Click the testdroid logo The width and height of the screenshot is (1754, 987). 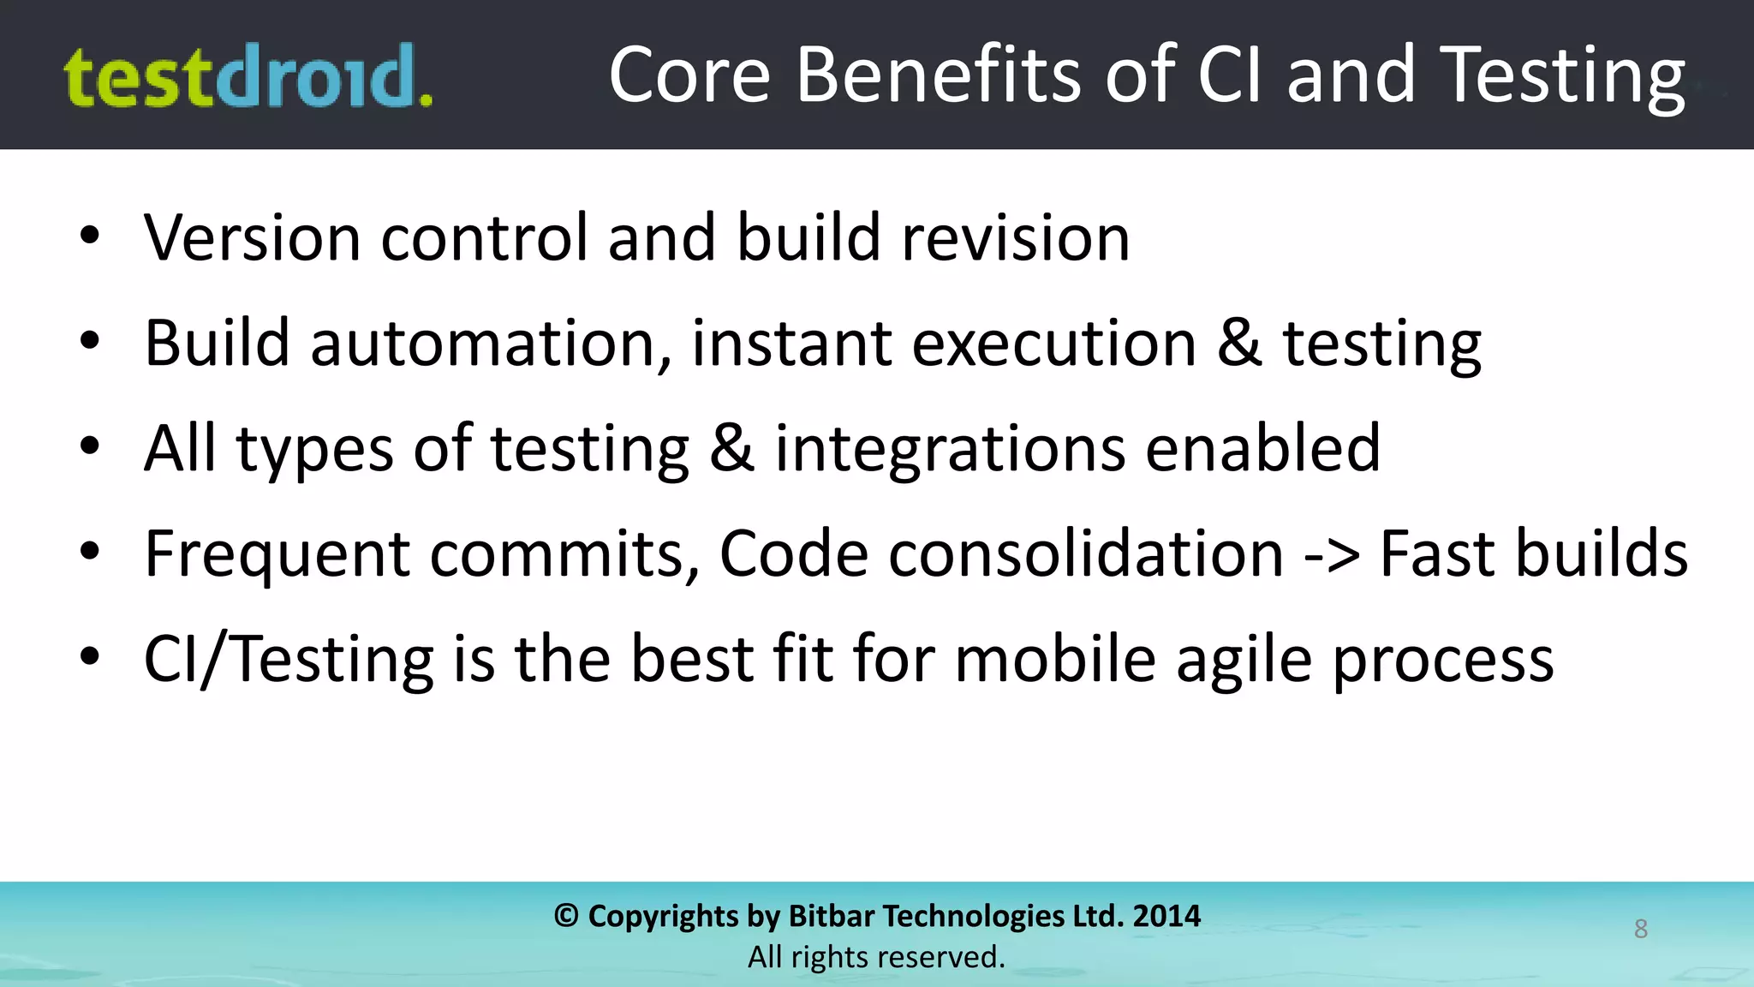(248, 77)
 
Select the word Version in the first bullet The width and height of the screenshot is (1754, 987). (253, 238)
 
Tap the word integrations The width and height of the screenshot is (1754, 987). (950, 449)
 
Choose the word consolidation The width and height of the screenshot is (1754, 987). (1086, 554)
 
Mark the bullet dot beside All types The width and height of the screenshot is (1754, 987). (90, 446)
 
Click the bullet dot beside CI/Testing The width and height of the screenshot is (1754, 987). (90, 657)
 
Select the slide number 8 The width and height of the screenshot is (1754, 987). (1640, 929)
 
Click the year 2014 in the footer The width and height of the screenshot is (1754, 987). (1166, 916)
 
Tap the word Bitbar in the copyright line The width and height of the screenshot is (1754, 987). (831, 916)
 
